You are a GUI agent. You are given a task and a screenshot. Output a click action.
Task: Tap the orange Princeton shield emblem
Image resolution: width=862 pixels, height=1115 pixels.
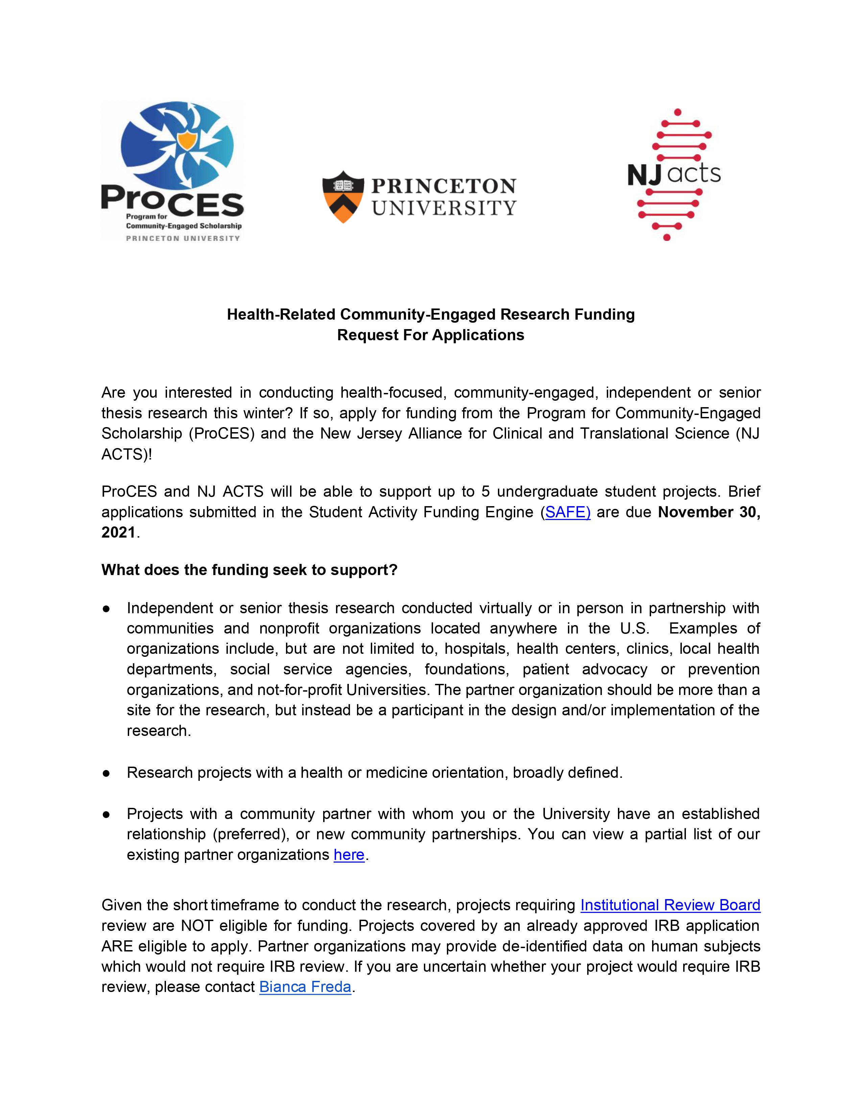coord(343,197)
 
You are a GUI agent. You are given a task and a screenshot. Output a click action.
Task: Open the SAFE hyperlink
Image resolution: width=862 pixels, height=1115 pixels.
coord(567,512)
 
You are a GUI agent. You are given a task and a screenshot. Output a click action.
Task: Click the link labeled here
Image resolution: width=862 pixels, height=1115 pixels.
coord(349,854)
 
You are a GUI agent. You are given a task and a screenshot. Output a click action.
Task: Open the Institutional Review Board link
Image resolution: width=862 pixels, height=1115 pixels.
coord(670,905)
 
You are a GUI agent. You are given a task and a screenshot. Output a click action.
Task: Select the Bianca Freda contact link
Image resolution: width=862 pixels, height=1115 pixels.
coord(305,987)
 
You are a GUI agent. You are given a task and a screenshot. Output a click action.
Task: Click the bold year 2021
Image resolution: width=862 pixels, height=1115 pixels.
coord(118,532)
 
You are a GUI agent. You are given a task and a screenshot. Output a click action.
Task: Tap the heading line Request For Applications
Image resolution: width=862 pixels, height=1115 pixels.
coord(430,335)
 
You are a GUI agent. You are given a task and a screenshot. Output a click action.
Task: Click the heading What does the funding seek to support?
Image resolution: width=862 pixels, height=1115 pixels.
coord(249,570)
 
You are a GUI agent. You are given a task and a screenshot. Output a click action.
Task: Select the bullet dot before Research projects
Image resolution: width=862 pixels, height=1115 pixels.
coord(106,773)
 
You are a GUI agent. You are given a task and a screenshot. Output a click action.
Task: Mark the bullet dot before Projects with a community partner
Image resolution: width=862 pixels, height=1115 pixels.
coord(106,814)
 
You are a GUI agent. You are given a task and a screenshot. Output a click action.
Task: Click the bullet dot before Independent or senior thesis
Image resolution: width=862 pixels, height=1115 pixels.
coord(106,609)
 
